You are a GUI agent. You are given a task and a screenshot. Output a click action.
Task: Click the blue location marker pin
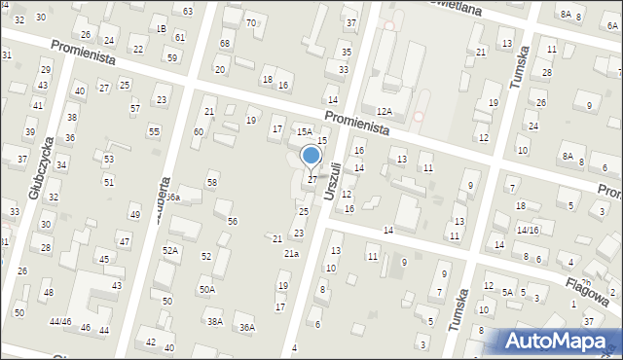[x=311, y=157]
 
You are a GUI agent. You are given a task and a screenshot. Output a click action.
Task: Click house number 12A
[x=385, y=113]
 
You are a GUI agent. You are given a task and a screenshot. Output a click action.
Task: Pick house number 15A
[x=304, y=130]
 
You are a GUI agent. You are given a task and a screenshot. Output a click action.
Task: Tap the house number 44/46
[x=60, y=321]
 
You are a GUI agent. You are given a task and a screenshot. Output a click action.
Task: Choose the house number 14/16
[x=528, y=230]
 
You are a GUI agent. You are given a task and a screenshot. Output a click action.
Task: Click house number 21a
[x=291, y=253]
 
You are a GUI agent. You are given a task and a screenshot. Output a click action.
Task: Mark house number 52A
[x=170, y=250]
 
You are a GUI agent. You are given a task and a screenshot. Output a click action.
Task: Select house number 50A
[x=206, y=289]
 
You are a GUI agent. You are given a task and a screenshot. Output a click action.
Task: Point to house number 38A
[x=214, y=321]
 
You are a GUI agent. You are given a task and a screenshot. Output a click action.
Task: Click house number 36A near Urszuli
[x=247, y=327]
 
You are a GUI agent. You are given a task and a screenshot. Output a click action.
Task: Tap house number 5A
[x=507, y=291]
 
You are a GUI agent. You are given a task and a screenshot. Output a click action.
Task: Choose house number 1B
[x=161, y=30]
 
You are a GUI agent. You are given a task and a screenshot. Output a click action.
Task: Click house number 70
[x=250, y=22]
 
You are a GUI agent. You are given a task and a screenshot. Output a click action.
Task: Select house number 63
[x=187, y=11]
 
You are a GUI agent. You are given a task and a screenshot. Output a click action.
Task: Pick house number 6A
[x=613, y=26]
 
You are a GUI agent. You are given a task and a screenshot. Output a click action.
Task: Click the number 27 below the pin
[x=311, y=179]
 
